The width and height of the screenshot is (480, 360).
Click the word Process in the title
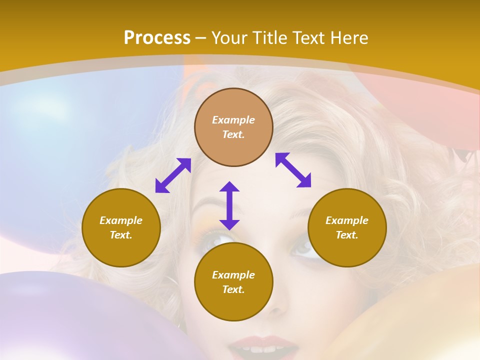pos(157,38)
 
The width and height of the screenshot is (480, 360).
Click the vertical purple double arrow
pos(229,205)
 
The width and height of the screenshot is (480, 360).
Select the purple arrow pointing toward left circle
pos(173,175)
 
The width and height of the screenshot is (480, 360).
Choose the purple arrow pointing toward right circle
pos(293,170)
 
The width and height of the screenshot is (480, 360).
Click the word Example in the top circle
pos(233,120)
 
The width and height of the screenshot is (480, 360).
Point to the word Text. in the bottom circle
pos(233,289)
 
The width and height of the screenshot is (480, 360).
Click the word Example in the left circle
pos(121,220)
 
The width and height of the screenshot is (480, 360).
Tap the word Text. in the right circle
pos(347,235)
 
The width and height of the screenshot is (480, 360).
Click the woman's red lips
pos(262,346)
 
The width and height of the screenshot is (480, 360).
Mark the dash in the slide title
pos(200,38)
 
